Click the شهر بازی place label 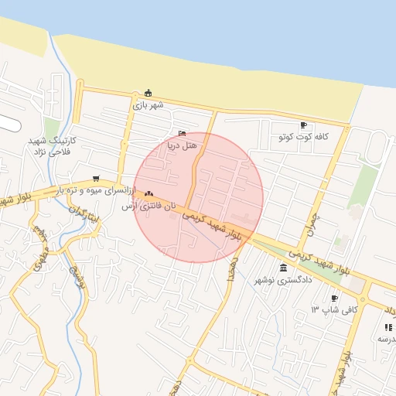click(148, 104)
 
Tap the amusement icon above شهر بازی click(148, 92)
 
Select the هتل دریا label click(183, 145)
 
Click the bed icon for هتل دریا click(183, 133)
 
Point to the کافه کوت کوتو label click(304, 137)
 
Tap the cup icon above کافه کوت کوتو click(303, 125)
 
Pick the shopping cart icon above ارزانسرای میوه click(96, 178)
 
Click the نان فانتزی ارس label click(149, 207)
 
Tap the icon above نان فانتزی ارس click(148, 194)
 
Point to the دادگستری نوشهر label click(284, 280)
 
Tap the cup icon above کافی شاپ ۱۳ click(334, 298)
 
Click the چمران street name click(312, 212)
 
